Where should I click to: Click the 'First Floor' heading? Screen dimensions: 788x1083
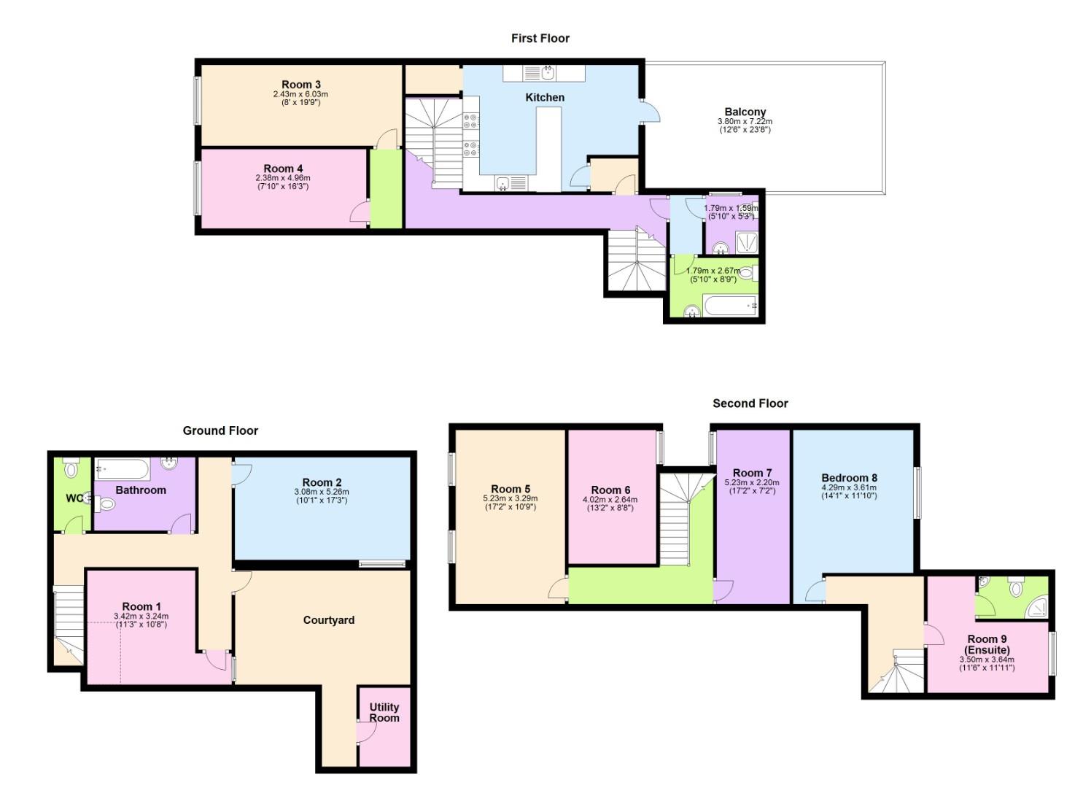click(x=540, y=38)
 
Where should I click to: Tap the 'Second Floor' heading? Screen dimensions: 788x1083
click(x=750, y=403)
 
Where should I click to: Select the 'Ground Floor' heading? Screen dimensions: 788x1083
click(x=220, y=430)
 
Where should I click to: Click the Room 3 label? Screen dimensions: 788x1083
click(x=300, y=85)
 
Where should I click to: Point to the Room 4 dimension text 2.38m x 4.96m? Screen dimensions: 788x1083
click(x=282, y=178)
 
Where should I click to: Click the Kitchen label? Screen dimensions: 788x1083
click(x=545, y=97)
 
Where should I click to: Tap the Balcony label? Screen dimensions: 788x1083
click(x=745, y=112)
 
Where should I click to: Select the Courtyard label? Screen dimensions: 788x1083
click(x=328, y=620)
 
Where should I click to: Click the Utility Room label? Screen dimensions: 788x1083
click(x=384, y=712)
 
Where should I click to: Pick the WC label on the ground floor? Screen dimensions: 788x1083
click(x=74, y=498)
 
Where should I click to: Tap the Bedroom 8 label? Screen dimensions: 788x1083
click(x=849, y=478)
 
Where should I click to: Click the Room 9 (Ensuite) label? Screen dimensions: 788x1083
click(x=987, y=644)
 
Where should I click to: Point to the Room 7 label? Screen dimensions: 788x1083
click(x=752, y=473)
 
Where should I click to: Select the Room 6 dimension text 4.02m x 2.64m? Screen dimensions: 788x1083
click(x=610, y=500)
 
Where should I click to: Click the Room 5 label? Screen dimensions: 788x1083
click(x=510, y=489)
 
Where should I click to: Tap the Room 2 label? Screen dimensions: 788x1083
click(x=322, y=482)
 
